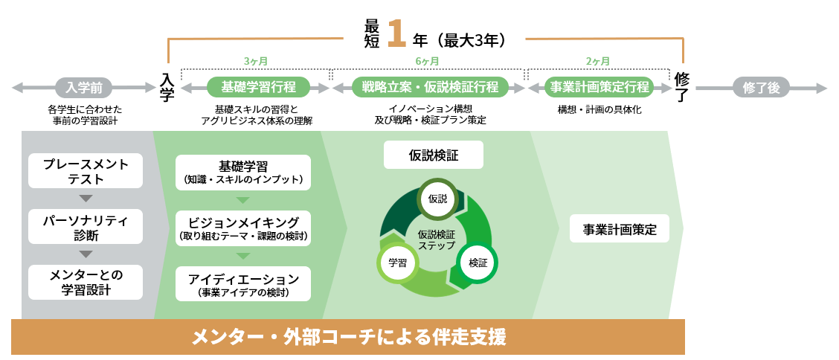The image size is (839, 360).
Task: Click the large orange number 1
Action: point(396,33)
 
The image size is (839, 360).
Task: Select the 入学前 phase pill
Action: point(84,88)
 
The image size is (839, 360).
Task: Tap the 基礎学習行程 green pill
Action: point(254,87)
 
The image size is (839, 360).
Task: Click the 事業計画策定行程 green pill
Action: point(598,87)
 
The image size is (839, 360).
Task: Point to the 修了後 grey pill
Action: point(761,88)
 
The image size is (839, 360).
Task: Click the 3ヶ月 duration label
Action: point(255,61)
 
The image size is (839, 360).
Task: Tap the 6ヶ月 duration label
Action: point(427,61)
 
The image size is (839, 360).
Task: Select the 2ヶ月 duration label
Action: point(598,61)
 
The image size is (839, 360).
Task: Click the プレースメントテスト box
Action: point(86,171)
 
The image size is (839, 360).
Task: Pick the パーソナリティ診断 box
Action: point(86,227)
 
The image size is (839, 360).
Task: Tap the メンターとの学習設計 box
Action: point(86,283)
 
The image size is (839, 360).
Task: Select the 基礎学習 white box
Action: point(243,172)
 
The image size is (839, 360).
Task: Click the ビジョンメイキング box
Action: point(243,228)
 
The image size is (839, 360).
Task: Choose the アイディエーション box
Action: point(243,284)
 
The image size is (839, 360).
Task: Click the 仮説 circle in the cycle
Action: point(438,199)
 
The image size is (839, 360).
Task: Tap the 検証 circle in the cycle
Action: point(478,263)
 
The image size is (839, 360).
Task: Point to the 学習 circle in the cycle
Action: point(397,263)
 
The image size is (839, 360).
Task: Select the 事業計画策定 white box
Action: point(620,229)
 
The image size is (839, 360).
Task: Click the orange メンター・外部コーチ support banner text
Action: point(348,338)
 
